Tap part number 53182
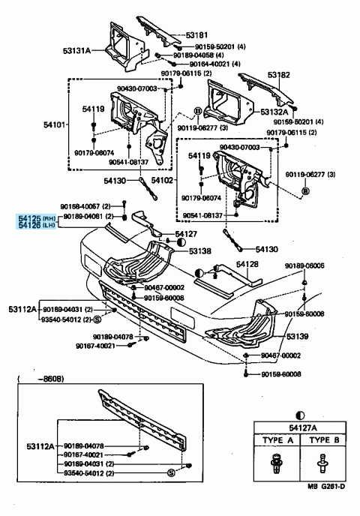tap(279, 76)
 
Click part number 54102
tap(163, 181)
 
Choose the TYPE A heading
tap(274, 441)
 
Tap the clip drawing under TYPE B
tap(324, 466)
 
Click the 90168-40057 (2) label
tap(85, 205)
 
